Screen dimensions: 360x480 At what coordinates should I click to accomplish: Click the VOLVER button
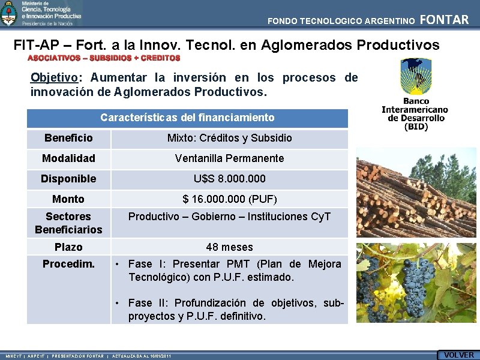tap(458, 355)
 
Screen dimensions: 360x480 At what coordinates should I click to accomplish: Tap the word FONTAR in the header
tap(444, 20)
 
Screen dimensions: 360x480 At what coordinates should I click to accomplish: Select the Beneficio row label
tap(68, 138)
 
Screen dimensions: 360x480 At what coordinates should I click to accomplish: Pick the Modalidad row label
tap(68, 158)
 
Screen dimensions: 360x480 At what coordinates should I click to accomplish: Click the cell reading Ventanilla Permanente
tap(229, 158)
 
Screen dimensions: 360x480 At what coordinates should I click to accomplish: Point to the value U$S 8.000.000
tap(229, 179)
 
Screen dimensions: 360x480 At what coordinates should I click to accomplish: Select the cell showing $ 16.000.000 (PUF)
tap(229, 199)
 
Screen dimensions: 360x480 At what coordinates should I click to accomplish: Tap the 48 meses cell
tap(229, 247)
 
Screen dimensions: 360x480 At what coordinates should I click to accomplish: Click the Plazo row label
tap(68, 247)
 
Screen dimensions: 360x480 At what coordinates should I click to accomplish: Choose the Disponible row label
tap(68, 179)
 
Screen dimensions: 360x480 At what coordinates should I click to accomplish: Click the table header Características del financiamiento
tap(187, 118)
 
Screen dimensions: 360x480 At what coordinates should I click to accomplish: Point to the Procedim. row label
tap(68, 264)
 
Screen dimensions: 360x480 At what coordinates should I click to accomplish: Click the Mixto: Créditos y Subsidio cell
tap(229, 138)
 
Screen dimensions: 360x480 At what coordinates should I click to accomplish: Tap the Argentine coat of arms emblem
tap(9, 13)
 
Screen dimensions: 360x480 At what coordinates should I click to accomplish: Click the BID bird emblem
tap(415, 76)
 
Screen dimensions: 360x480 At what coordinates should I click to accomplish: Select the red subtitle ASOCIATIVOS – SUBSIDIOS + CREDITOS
tap(104, 58)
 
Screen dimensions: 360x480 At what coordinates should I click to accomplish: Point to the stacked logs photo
tap(416, 194)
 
